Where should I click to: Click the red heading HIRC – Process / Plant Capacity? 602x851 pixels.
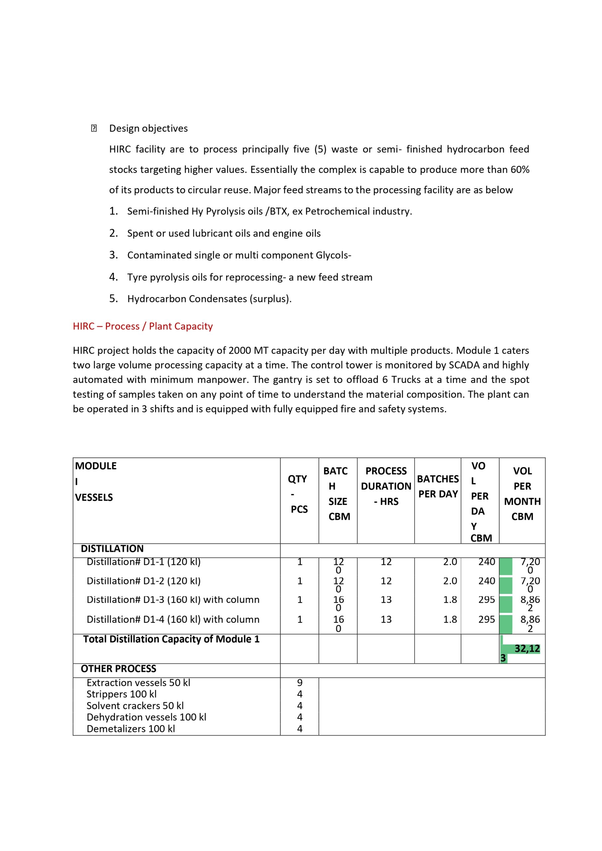[x=143, y=326]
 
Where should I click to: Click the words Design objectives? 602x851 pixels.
[x=148, y=128]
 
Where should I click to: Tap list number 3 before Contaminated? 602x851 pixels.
[x=113, y=255]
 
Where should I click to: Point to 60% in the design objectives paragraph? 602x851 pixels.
[x=520, y=170]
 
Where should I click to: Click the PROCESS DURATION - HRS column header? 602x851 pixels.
[x=386, y=486]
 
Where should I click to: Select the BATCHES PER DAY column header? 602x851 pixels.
[x=438, y=486]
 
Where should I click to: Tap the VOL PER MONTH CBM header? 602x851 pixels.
[x=522, y=493]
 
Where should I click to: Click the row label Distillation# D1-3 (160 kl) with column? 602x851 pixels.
[x=173, y=600]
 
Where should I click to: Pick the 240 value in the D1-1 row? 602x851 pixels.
[x=486, y=562]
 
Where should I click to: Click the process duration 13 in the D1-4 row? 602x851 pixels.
[x=386, y=619]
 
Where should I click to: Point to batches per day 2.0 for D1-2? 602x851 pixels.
[x=450, y=581]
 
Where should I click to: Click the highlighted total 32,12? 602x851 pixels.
[x=527, y=649]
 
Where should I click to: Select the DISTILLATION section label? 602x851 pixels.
[x=112, y=548]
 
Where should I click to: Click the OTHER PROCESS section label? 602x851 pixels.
[x=118, y=669]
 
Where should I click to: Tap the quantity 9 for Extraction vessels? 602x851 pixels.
[x=300, y=683]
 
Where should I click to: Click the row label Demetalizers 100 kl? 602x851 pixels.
[x=131, y=729]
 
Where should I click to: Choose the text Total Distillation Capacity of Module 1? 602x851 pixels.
[x=171, y=639]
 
